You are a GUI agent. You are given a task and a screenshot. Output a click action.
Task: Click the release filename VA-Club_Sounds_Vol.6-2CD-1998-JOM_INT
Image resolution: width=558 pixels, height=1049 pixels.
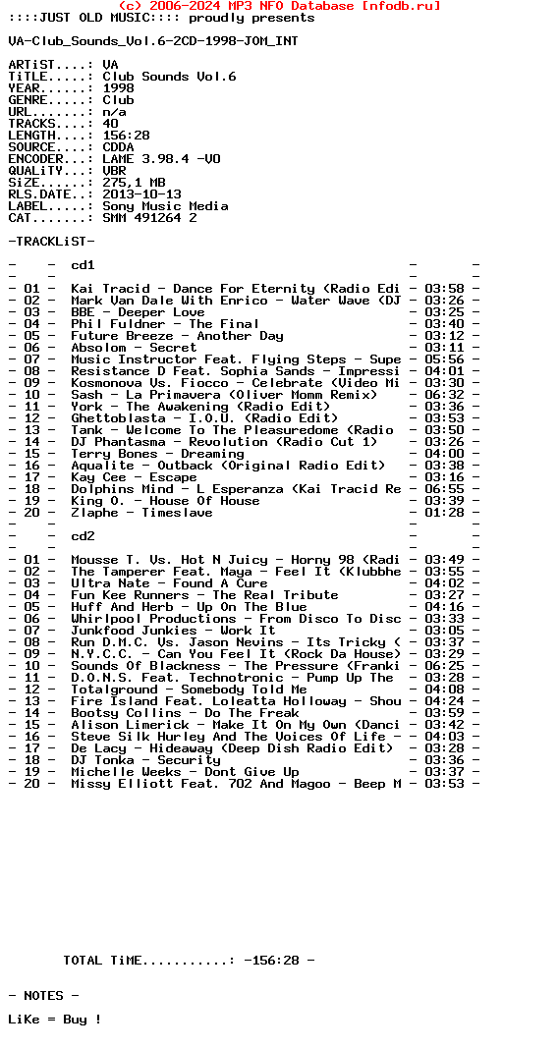pos(153,41)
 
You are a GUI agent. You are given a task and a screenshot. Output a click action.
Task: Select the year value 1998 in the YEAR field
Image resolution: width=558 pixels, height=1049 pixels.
pos(118,88)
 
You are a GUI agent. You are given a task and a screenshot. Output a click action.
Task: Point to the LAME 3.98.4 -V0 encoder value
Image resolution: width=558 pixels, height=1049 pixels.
pos(161,159)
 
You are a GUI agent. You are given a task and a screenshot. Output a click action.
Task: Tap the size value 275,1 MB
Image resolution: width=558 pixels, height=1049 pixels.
pos(134,183)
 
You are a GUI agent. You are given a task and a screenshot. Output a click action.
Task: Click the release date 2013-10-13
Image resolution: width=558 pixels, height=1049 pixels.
pos(141,194)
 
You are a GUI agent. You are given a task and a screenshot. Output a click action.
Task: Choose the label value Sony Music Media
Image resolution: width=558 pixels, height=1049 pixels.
pos(165,206)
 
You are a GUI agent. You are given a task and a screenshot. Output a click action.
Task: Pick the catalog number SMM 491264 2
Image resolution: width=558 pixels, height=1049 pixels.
pos(149,218)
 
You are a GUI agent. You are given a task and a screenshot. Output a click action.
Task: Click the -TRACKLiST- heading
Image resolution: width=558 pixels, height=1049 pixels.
pos(51,242)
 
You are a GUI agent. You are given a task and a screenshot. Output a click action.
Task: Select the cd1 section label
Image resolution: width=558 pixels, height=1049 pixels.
pos(83,265)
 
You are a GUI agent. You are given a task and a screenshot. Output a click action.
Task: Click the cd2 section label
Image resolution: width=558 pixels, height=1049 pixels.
pos(83,536)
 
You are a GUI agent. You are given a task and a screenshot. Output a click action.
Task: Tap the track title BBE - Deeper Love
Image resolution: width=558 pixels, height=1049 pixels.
pos(138,312)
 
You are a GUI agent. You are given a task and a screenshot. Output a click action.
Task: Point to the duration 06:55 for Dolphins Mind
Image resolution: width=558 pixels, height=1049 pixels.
pos(444,489)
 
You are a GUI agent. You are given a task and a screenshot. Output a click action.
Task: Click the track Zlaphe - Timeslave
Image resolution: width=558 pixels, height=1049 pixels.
pos(141,513)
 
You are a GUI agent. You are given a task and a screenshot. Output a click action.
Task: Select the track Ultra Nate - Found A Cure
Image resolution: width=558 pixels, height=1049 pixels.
pos(169,583)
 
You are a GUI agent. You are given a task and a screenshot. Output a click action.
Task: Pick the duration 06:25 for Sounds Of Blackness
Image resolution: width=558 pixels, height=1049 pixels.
pos(444,666)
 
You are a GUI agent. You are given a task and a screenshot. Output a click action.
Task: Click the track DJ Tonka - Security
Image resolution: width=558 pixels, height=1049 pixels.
pos(145,760)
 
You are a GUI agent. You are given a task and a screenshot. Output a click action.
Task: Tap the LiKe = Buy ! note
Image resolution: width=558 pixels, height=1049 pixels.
pos(55,1020)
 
